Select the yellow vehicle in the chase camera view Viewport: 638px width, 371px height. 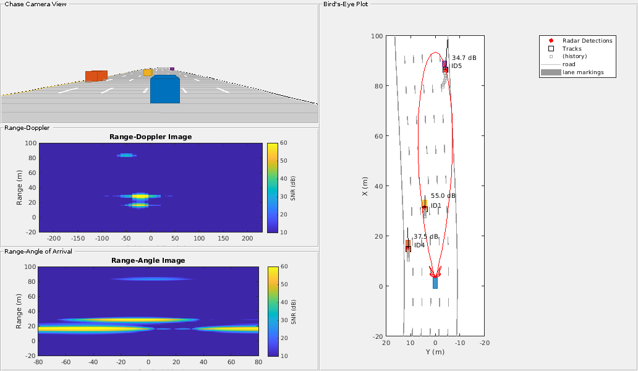[148, 73]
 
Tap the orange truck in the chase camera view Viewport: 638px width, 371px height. [96, 76]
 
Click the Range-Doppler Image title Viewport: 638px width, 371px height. [150, 137]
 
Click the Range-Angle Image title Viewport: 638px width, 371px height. [148, 260]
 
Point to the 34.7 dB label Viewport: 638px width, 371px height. [464, 58]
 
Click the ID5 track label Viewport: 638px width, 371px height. [457, 66]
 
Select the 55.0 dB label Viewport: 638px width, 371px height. [443, 195]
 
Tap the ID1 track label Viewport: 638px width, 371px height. [436, 205]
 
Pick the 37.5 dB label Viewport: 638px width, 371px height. [426, 236]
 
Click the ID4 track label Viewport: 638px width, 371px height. [419, 245]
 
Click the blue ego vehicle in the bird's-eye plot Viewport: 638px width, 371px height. [435, 283]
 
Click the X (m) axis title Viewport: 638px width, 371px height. [365, 185]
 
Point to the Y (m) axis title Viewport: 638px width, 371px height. [435, 352]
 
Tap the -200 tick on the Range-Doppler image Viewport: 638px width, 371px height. [54, 237]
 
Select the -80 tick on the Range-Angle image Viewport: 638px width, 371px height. [38, 361]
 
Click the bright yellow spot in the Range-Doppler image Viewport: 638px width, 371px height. [140, 196]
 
